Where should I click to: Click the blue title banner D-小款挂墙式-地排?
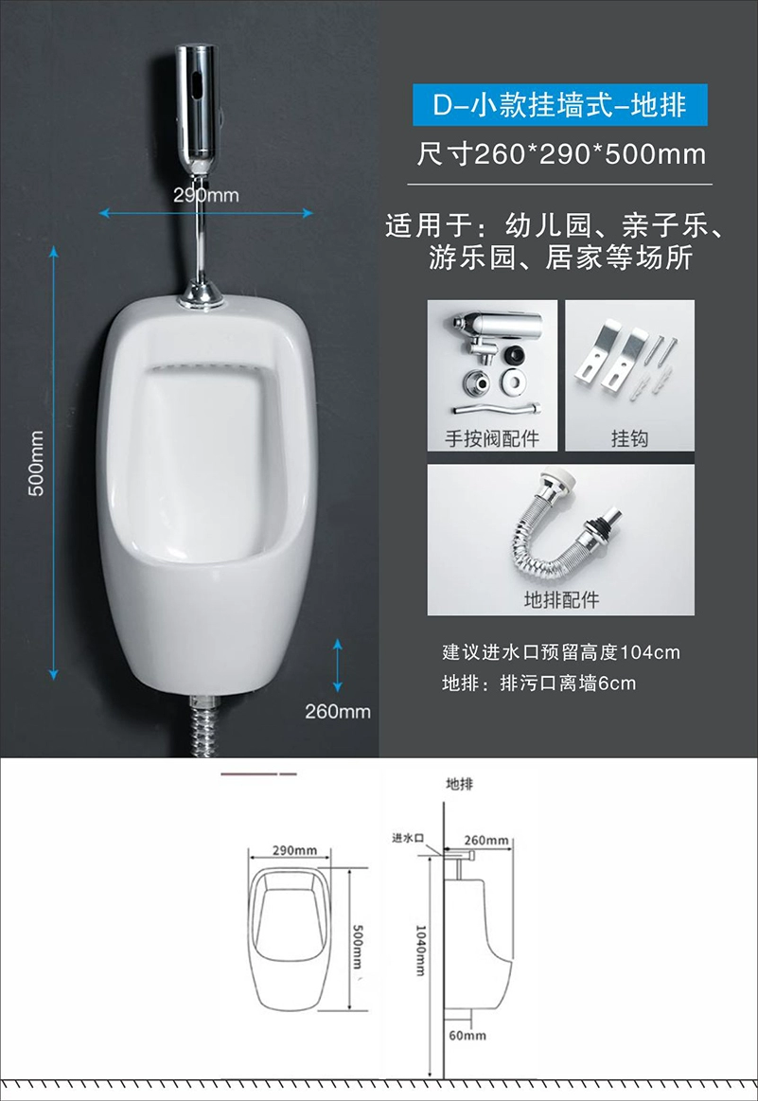pyautogui.click(x=559, y=105)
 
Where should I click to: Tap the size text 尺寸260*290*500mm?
pyautogui.click(x=561, y=153)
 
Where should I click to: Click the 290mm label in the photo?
pyautogui.click(x=205, y=194)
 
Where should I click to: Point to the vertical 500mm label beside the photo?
pyautogui.click(x=36, y=463)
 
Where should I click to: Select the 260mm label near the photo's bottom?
pyautogui.click(x=338, y=711)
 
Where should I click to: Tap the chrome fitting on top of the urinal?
pyautogui.click(x=201, y=295)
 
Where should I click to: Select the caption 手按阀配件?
pyautogui.click(x=492, y=439)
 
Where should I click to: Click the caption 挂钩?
pyautogui.click(x=629, y=439)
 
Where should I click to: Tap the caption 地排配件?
pyautogui.click(x=561, y=599)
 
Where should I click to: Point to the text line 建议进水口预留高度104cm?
pyautogui.click(x=561, y=652)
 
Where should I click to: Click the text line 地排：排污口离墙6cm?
pyautogui.click(x=538, y=684)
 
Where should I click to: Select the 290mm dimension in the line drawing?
pyautogui.click(x=295, y=850)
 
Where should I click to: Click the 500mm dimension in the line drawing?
pyautogui.click(x=358, y=948)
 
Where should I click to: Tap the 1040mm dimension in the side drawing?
pyautogui.click(x=420, y=950)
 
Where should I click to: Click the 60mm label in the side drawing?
pyautogui.click(x=467, y=1035)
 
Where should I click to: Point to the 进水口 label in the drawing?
pyautogui.click(x=408, y=838)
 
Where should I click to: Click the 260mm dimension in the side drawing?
pyautogui.click(x=486, y=840)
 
